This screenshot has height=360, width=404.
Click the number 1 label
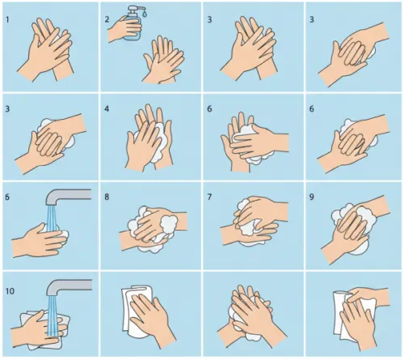tap(7, 19)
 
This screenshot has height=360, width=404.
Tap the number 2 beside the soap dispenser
tap(107, 19)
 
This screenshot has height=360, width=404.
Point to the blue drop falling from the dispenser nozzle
tap(145, 13)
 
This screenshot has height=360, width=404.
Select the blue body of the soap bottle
tap(133, 28)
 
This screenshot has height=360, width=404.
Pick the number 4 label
tap(107, 109)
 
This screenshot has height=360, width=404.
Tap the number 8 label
tap(107, 197)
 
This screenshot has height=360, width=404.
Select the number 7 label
tap(209, 197)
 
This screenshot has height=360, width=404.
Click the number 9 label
tap(312, 197)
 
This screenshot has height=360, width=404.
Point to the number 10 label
tap(10, 291)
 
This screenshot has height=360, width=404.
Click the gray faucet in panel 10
tap(69, 287)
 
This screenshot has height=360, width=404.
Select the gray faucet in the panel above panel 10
tap(68, 197)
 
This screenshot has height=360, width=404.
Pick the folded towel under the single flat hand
tap(135, 310)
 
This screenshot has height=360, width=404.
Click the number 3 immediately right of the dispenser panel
tap(209, 19)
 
